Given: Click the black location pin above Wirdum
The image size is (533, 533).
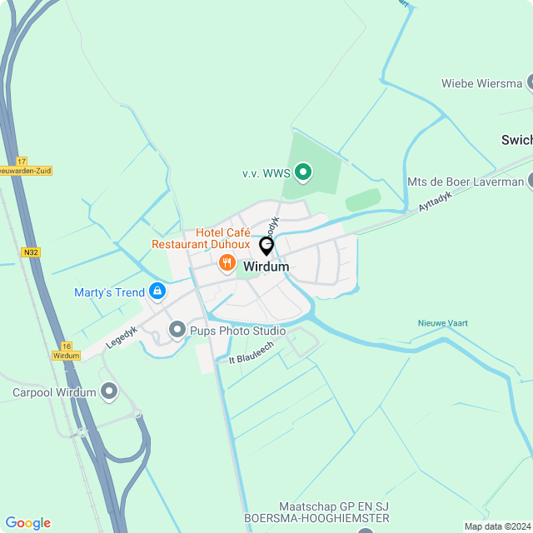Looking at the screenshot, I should [266, 246].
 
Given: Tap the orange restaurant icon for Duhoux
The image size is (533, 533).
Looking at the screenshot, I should [227, 263].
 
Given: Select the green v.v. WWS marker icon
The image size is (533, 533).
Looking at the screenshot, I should [304, 173].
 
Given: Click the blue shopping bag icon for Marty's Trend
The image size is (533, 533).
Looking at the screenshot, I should [157, 291].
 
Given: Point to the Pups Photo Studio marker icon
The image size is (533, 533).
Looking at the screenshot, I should [177, 331].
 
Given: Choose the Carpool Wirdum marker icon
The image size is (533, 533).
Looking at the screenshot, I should [109, 391].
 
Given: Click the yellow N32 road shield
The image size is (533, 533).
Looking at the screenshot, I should [32, 252].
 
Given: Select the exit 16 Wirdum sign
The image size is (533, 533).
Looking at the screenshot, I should [66, 351].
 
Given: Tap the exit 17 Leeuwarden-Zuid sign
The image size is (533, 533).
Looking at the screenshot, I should [23, 166].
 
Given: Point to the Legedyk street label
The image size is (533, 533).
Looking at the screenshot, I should [122, 336].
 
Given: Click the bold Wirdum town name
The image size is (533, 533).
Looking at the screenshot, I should [266, 266].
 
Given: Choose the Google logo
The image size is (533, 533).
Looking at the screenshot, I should [27, 523].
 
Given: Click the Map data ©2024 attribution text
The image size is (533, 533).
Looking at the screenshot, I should [496, 526].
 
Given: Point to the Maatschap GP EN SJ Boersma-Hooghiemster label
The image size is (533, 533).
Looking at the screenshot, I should [316, 512].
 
